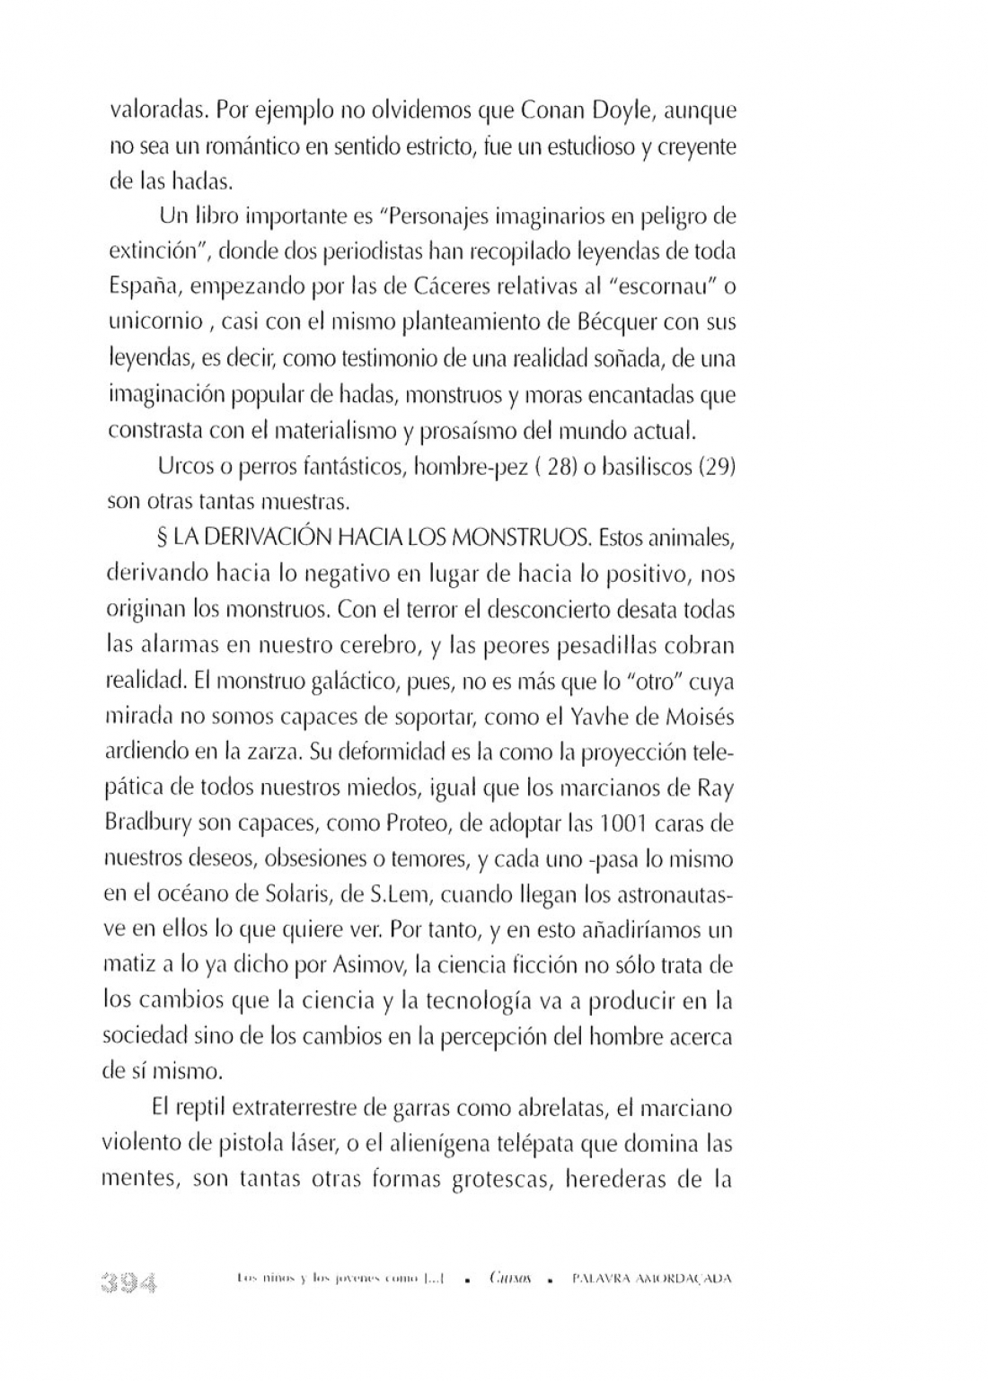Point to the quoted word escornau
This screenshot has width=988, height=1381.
tap(648, 286)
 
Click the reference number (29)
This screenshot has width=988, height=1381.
tap(718, 467)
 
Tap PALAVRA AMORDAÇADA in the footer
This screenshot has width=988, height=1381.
tap(651, 1279)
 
